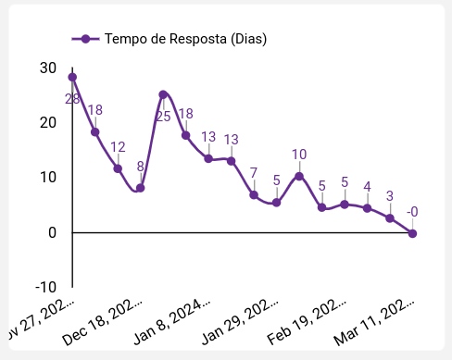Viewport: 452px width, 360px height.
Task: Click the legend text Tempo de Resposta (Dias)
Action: click(185, 39)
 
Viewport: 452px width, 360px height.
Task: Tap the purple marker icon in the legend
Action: click(85, 39)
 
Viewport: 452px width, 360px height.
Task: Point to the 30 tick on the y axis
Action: click(48, 68)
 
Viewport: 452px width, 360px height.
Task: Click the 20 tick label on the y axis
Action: click(48, 122)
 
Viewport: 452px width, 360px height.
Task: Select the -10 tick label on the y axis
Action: click(44, 287)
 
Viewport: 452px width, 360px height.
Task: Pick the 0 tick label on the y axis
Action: click(53, 232)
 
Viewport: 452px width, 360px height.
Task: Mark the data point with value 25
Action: click(163, 94)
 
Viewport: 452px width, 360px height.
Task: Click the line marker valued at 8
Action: click(141, 188)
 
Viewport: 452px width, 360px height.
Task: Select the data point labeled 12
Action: click(118, 168)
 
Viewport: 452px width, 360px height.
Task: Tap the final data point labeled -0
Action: click(412, 233)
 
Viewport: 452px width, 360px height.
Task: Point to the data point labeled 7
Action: click(254, 194)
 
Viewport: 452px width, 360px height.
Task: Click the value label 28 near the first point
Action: click(72, 98)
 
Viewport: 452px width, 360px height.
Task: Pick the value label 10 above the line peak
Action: click(299, 155)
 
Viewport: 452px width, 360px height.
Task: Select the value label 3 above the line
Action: click(390, 195)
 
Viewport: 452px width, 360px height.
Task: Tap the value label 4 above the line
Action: click(367, 187)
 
